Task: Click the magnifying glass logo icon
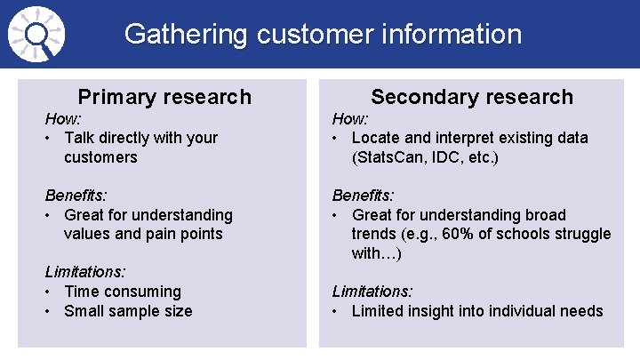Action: click(x=34, y=35)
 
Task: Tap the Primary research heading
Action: click(x=164, y=97)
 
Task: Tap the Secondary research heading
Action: click(x=472, y=97)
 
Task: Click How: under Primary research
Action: click(x=63, y=118)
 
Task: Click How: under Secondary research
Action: click(x=350, y=118)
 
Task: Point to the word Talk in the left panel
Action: click(x=81, y=138)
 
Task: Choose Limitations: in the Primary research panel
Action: click(x=85, y=272)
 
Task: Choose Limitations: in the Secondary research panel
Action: click(x=372, y=292)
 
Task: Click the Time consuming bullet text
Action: click(x=123, y=292)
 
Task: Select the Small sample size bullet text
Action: click(x=128, y=311)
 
